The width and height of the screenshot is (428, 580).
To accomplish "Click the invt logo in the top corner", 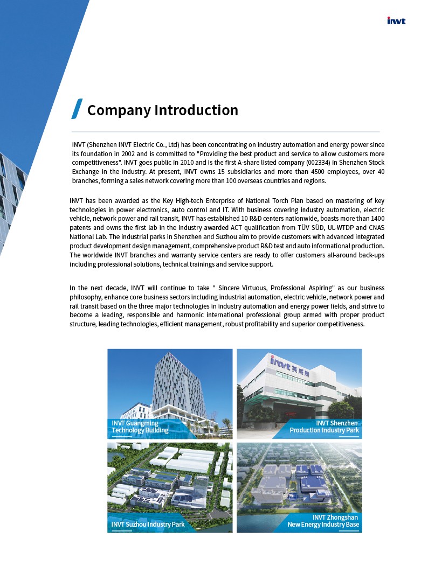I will coord(396,21).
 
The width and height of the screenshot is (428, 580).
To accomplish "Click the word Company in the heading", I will coord(118,110).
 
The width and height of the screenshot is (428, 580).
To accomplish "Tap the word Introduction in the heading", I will coord(196,110).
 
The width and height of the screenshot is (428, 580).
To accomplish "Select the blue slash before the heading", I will coord(77,109).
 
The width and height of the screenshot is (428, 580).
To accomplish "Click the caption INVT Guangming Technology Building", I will coord(140,427).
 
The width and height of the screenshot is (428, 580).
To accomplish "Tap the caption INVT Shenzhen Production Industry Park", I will coord(324,427).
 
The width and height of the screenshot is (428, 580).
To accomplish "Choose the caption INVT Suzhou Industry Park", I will coord(148,524).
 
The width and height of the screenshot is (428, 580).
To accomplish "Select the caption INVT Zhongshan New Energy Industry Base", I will coord(323,521).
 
